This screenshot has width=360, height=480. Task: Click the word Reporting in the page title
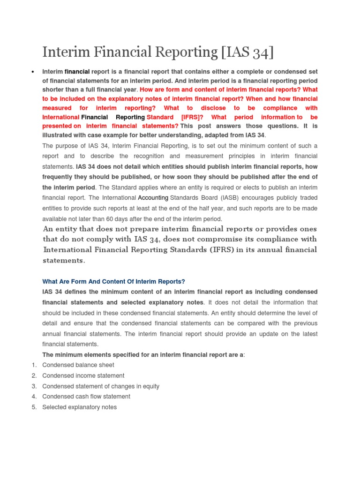point(182,52)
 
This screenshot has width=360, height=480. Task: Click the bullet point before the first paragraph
point(32,72)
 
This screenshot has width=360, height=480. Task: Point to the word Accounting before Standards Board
point(153,198)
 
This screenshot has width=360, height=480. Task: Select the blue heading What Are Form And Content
point(113,281)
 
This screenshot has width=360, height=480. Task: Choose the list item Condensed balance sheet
point(78,365)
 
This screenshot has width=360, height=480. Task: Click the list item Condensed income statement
point(83,375)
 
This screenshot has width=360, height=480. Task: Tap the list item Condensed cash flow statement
point(86,397)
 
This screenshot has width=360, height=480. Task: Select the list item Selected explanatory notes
point(80,407)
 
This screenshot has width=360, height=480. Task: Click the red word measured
point(57,108)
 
